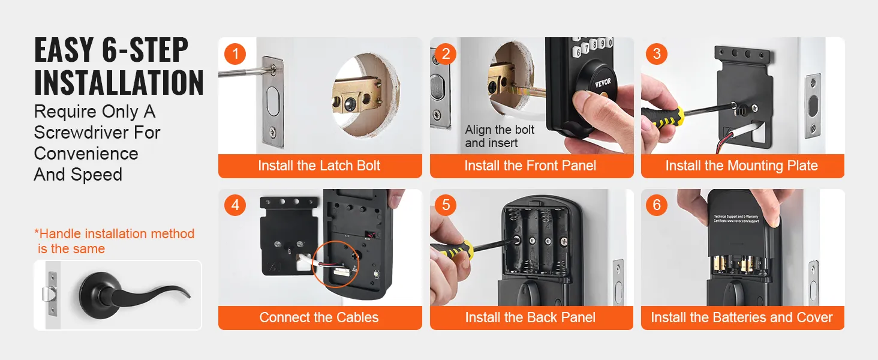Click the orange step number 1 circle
click(x=235, y=54)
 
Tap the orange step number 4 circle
click(x=235, y=206)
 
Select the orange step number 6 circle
click(x=657, y=206)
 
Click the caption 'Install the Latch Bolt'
click(x=319, y=166)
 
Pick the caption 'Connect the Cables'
click(x=319, y=318)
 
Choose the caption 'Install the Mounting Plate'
click(x=742, y=166)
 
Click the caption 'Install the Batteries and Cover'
click(x=742, y=318)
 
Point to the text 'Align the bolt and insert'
click(x=499, y=136)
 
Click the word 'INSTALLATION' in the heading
click(x=119, y=82)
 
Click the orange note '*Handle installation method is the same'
click(x=115, y=241)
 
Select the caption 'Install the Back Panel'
click(x=531, y=318)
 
